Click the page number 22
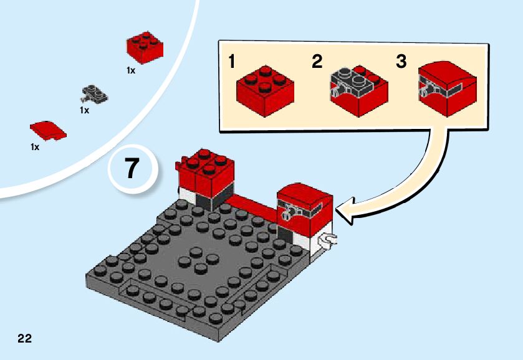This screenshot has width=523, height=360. click(x=25, y=338)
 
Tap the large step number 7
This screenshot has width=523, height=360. click(x=132, y=169)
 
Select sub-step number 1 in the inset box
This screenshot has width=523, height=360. click(x=231, y=62)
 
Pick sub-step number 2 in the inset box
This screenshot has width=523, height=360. click(x=317, y=62)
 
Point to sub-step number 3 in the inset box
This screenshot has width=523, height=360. click(x=401, y=62)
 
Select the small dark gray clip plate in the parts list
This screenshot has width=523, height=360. click(x=94, y=94)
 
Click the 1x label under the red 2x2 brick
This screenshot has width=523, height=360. click(x=131, y=71)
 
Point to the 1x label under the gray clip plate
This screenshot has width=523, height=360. click(x=84, y=110)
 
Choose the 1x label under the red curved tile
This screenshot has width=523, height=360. click(x=35, y=147)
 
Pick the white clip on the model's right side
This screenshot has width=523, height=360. click(x=327, y=239)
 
